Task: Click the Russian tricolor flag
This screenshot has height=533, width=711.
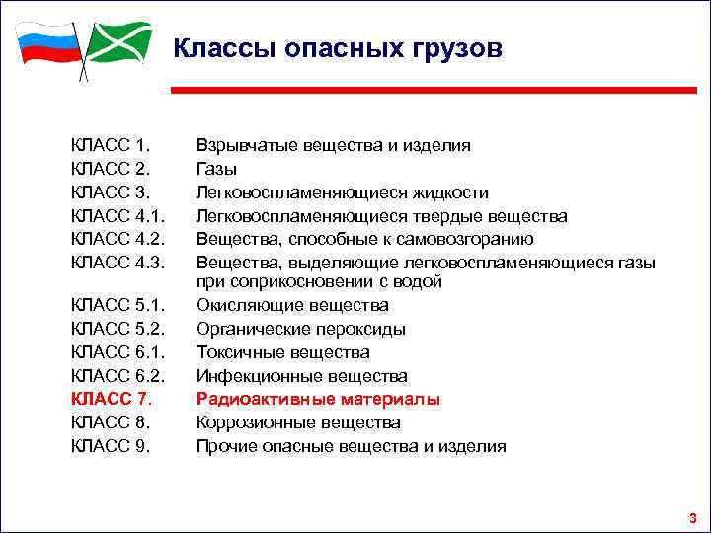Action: (x=46, y=45)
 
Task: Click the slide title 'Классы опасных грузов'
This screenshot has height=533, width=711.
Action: (x=338, y=48)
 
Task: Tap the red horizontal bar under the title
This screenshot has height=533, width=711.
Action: (x=434, y=90)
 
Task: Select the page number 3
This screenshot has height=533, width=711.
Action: (x=692, y=517)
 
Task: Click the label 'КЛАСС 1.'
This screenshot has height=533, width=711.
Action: (x=110, y=145)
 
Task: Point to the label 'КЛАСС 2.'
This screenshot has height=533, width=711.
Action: (x=110, y=169)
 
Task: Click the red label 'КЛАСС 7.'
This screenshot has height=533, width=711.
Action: (x=110, y=399)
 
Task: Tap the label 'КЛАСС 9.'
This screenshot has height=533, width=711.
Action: (x=110, y=446)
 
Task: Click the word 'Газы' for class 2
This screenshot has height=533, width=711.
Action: (x=216, y=169)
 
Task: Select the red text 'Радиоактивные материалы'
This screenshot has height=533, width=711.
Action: (x=318, y=399)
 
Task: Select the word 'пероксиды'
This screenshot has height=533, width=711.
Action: (x=361, y=329)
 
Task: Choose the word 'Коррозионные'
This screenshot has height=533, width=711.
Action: (x=255, y=422)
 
